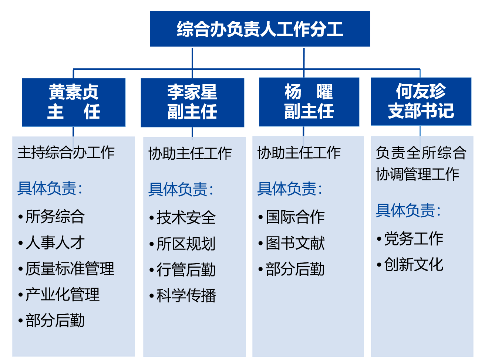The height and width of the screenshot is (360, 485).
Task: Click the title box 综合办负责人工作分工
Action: click(x=260, y=29)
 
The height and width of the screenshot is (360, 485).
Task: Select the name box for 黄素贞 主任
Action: click(x=74, y=102)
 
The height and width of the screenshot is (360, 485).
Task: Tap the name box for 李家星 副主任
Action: click(x=192, y=102)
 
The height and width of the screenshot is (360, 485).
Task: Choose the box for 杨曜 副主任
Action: click(x=309, y=102)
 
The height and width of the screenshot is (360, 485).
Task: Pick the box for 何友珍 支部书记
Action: click(x=421, y=101)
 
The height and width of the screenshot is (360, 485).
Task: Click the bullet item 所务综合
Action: click(x=51, y=216)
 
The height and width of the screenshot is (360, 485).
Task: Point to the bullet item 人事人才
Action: click(x=51, y=242)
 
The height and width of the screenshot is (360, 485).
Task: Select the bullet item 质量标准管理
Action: click(x=67, y=268)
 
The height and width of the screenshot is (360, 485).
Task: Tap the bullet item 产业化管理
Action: click(x=59, y=294)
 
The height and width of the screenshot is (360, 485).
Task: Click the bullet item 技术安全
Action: click(x=183, y=217)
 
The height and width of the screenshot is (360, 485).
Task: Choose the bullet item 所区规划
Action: click(x=183, y=244)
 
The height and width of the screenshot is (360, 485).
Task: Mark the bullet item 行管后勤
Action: click(x=183, y=269)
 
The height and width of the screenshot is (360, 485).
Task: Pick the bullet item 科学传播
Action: click(x=183, y=295)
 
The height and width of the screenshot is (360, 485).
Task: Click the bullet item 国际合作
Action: click(x=292, y=217)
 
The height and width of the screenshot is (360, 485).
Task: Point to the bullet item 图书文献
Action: click(x=292, y=243)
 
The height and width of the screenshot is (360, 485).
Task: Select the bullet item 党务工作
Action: click(x=410, y=238)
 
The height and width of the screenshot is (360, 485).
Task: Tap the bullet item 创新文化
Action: click(x=410, y=264)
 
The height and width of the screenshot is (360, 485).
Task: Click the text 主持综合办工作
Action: click(x=66, y=152)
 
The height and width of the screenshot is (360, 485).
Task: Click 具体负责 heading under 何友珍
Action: click(x=408, y=210)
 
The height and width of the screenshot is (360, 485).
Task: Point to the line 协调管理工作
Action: click(x=417, y=174)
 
